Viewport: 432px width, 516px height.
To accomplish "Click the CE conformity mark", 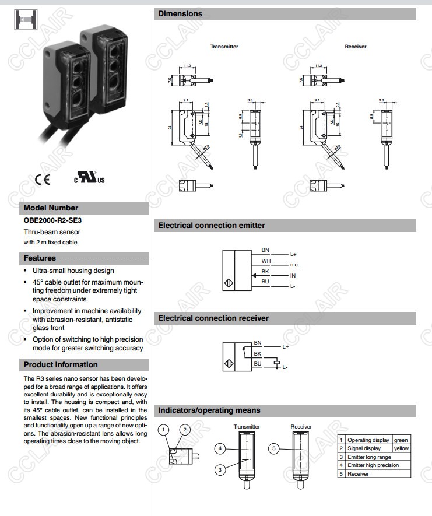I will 43,179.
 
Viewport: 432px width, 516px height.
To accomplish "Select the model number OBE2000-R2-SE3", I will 52,220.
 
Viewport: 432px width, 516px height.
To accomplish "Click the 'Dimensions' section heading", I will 181,13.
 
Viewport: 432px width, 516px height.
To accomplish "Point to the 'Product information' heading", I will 61,365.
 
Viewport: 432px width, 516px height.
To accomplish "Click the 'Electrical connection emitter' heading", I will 212,225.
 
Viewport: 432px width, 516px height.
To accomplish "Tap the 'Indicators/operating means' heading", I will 209,410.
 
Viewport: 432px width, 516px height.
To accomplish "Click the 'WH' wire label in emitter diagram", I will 265,261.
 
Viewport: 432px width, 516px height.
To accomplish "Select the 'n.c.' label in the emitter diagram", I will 294,265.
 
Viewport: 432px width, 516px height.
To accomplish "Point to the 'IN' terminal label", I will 293,275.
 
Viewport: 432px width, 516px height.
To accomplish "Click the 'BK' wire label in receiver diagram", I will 257,353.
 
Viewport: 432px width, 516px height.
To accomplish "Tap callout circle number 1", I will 164,430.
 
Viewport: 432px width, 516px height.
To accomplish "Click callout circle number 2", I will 185,430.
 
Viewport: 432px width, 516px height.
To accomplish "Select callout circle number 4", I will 220,448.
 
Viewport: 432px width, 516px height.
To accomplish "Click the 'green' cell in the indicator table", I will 401,440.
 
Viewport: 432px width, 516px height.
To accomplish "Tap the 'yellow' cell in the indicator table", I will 401,448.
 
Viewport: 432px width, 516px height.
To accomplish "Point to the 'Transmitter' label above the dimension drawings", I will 224,47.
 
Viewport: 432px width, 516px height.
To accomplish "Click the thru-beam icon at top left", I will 23,20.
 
